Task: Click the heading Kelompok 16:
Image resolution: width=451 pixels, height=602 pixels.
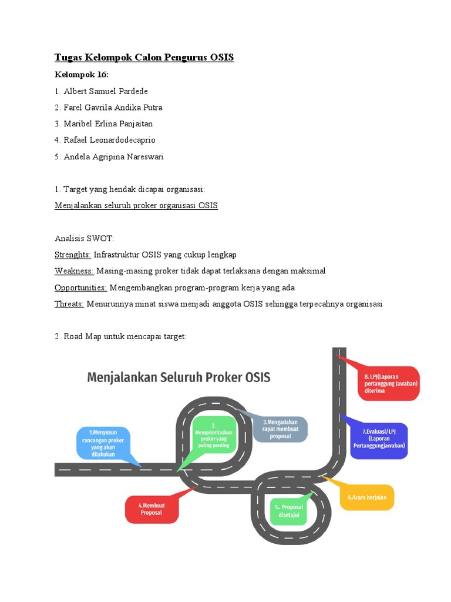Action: pyautogui.click(x=82, y=75)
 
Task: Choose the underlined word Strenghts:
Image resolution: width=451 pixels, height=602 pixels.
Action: pyautogui.click(x=73, y=255)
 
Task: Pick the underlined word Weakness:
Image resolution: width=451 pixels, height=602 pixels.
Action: pyautogui.click(x=74, y=271)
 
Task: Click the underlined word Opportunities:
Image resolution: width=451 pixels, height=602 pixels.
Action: pyautogui.click(x=80, y=287)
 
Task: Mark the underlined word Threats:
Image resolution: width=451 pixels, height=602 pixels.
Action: pyautogui.click(x=69, y=304)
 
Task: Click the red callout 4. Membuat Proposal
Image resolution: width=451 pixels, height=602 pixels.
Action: pyautogui.click(x=151, y=509)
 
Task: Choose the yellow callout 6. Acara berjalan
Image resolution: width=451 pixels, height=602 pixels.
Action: pyautogui.click(x=367, y=497)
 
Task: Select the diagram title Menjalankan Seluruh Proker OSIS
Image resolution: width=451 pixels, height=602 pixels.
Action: pyautogui.click(x=179, y=377)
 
